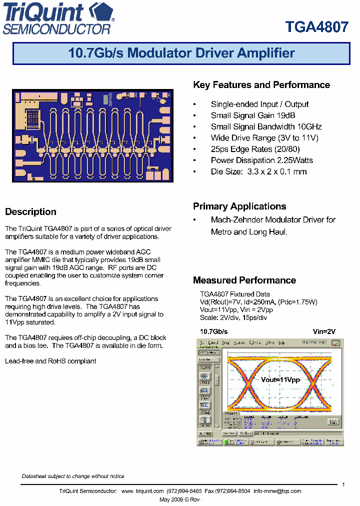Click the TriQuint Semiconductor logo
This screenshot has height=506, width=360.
coord(59,18)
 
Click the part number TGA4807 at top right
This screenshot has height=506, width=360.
coord(316,27)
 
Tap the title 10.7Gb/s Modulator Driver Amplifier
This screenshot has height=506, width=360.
coord(181,53)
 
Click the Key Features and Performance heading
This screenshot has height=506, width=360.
coord(261,85)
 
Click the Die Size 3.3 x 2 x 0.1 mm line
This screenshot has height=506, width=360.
coord(258,171)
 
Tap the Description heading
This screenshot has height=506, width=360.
coord(30,211)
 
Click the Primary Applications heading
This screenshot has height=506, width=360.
coord(239,206)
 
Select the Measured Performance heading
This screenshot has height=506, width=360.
coord(244,280)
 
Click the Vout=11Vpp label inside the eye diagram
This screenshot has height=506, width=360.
coord(280,379)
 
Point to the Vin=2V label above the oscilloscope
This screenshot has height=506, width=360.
coord(324,331)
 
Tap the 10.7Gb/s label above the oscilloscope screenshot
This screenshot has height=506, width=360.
coord(213,331)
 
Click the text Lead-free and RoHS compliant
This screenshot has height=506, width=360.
coord(50,360)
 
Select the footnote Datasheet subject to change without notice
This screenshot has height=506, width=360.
coord(73,476)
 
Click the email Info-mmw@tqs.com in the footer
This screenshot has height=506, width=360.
coord(277,491)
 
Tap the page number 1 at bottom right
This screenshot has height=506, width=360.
coord(343,484)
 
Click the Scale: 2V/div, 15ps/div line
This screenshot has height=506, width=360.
coord(233,317)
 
